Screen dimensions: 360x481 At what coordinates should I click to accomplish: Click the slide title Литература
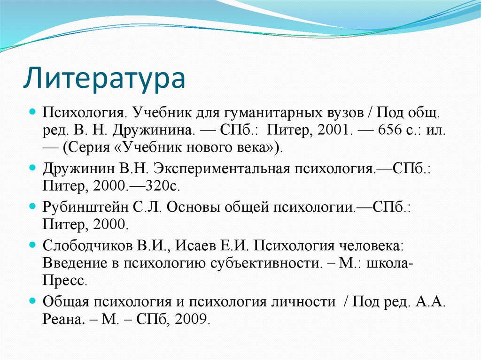point(104,78)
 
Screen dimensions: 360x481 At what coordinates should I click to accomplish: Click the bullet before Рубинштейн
point(32,207)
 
